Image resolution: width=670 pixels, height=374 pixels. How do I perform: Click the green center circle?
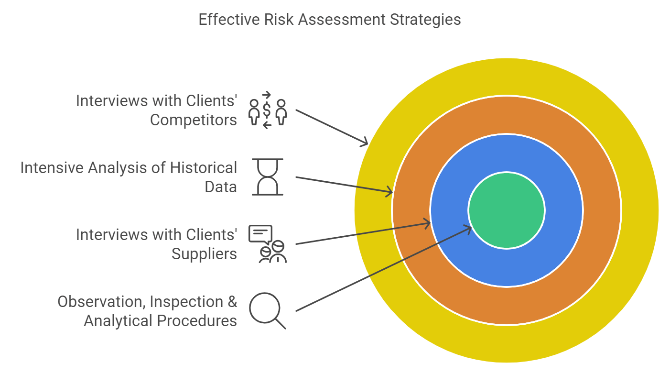point(507,210)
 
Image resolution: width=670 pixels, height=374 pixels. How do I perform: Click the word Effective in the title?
point(229,20)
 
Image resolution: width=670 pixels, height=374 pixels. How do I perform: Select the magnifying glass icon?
point(268,310)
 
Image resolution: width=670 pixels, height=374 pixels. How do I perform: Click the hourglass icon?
point(268,177)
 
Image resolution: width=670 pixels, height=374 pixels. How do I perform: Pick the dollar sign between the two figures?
point(267,110)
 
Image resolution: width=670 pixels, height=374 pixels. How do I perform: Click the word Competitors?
point(193,121)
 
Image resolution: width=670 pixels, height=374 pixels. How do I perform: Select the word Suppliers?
point(204,254)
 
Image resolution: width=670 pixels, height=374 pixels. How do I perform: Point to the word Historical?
point(204,168)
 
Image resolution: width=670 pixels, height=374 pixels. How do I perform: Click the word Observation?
point(101,301)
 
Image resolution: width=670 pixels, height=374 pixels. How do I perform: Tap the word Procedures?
point(197,321)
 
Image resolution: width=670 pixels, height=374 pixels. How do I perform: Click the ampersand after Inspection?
point(232,301)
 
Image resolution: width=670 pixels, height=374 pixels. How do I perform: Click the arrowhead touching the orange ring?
point(389,191)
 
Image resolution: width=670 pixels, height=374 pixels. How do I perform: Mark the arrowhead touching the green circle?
point(467,229)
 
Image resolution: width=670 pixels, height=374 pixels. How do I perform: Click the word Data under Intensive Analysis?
point(221,187)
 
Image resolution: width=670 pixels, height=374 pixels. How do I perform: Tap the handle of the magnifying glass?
point(280,324)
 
